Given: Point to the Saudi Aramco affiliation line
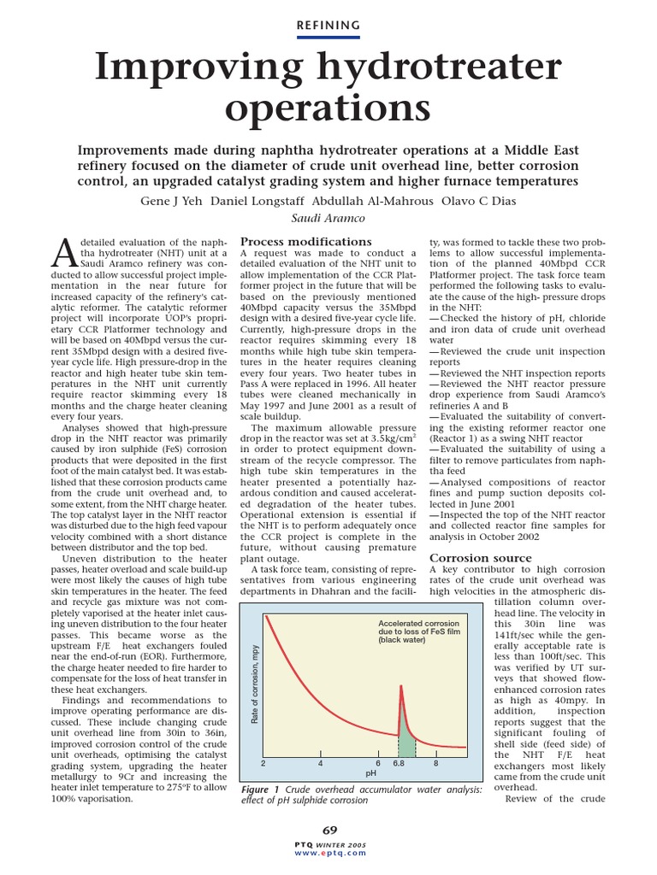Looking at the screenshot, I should click(x=328, y=219).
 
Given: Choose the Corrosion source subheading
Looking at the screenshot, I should click(x=480, y=557).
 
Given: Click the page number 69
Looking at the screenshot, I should click(x=329, y=830).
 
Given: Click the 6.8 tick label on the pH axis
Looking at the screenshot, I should click(x=400, y=763).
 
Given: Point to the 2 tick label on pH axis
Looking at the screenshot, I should click(x=263, y=763).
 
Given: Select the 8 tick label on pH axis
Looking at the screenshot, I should click(x=435, y=763).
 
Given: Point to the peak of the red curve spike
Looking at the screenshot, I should click(x=400, y=686).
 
